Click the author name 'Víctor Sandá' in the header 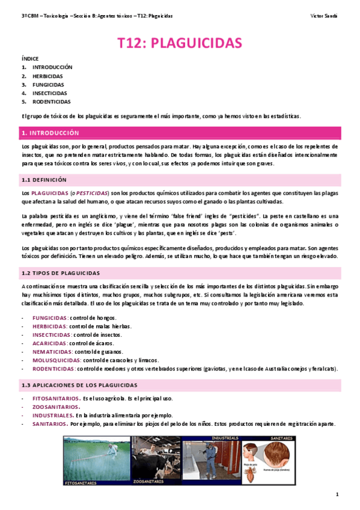[326, 15]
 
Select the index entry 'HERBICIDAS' [47, 76]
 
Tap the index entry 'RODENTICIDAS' [51, 102]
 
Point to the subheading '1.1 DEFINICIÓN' [44, 179]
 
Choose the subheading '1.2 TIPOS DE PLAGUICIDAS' [61, 272]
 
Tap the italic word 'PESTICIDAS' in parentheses [91, 192]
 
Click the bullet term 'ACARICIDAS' [50, 343]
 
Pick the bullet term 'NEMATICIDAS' [52, 351]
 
